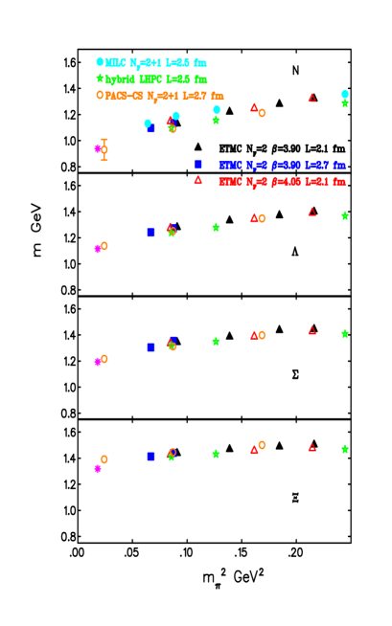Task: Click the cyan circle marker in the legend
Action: point(100,62)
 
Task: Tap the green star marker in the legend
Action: point(100,78)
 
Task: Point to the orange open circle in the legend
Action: point(100,95)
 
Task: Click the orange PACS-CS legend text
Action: point(164,96)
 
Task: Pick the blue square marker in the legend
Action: point(198,165)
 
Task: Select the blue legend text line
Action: point(282,166)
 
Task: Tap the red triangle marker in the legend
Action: point(198,180)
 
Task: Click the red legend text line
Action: point(282,182)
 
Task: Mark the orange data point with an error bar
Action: point(104,149)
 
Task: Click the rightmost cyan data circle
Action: point(345,94)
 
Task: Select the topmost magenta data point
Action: point(98,148)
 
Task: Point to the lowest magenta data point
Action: point(98,469)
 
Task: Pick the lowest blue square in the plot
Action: point(150,457)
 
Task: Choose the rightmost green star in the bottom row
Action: point(345,449)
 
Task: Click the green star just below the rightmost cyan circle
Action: point(345,103)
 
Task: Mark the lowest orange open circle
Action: point(104,459)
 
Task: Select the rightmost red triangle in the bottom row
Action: point(311,447)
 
